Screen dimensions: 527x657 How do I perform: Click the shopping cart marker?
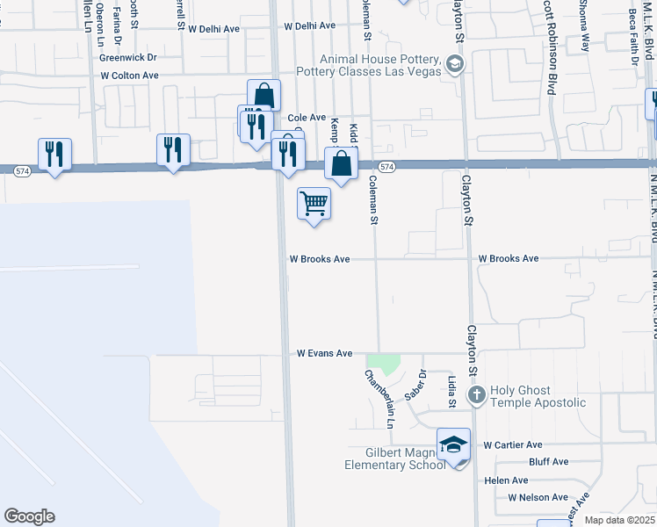[314, 204]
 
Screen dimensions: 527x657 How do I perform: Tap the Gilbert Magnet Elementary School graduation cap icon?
[453, 445]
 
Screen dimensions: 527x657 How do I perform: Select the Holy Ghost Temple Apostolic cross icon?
[476, 394]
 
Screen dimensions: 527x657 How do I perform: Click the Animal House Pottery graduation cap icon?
[455, 63]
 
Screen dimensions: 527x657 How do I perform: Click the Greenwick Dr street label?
[127, 57]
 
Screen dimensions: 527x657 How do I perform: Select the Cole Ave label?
[307, 118]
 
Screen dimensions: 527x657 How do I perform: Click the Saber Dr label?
[421, 382]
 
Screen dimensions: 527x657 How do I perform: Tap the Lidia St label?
[451, 392]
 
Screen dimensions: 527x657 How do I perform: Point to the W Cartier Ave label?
[513, 445]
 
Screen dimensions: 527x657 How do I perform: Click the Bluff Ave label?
[550, 462]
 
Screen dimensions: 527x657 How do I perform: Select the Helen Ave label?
[507, 480]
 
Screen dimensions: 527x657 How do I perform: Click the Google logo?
[29, 516]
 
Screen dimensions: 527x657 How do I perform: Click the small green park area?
[383, 362]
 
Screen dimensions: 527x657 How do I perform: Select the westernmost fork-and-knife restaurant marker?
[54, 155]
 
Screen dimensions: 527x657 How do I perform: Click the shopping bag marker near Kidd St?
[341, 163]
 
